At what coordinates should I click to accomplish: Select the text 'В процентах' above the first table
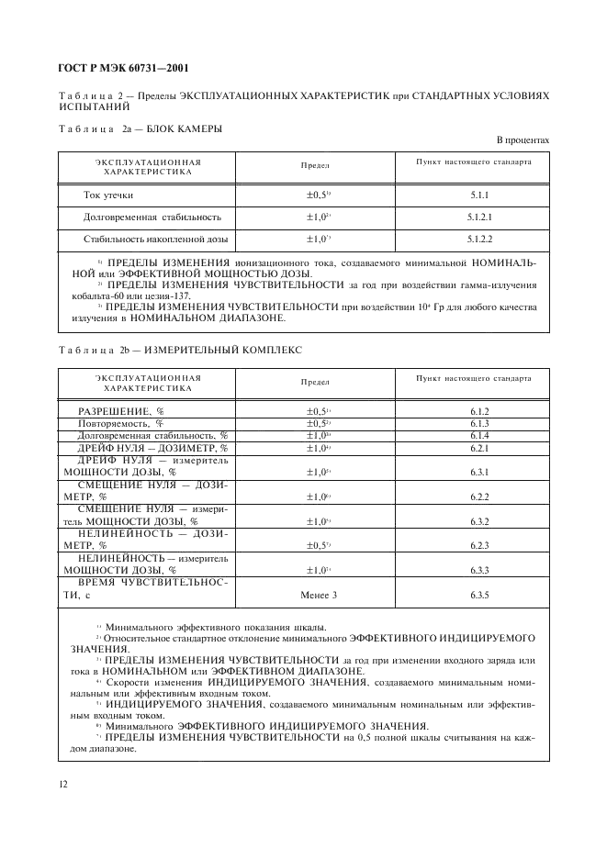[523, 139]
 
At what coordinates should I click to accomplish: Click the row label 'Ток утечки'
[108, 195]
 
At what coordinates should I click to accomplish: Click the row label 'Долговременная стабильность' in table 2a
[140, 218]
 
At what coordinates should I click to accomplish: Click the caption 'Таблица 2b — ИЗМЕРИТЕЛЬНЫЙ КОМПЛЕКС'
[179, 351]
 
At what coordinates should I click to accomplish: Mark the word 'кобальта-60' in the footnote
[96, 296]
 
